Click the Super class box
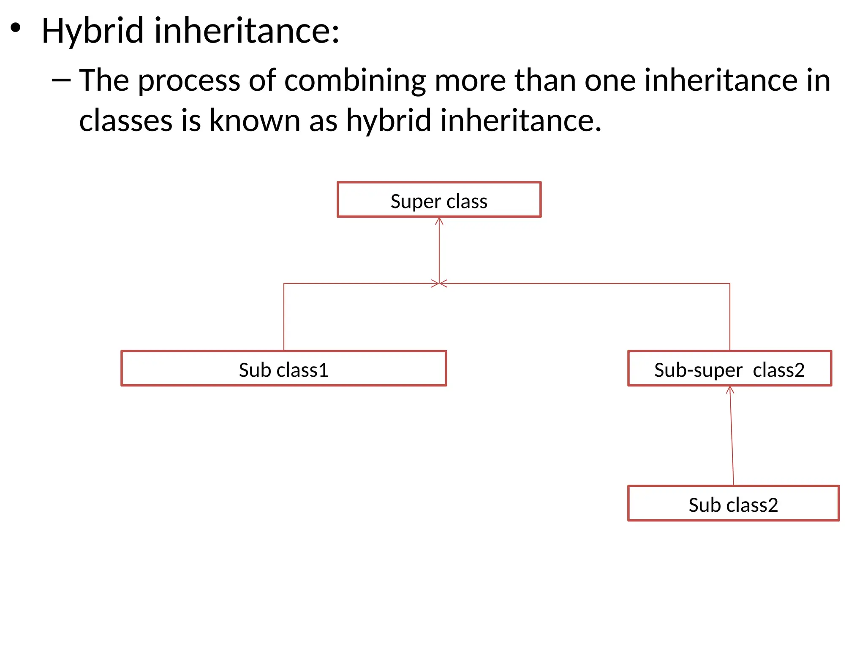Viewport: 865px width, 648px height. click(x=439, y=200)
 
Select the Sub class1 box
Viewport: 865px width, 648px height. click(x=283, y=368)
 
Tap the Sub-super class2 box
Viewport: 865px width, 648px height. click(x=729, y=368)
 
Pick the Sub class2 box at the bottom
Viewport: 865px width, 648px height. click(x=733, y=503)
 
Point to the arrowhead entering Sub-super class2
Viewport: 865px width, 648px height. click(x=730, y=389)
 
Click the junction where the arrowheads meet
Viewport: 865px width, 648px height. click(x=439, y=283)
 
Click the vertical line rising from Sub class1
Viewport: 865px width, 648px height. click(x=284, y=316)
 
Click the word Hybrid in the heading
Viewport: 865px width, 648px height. click(x=92, y=31)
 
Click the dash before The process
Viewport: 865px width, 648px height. click(x=61, y=80)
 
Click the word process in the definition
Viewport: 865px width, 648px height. click(x=189, y=81)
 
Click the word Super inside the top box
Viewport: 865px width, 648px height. click(x=416, y=202)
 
